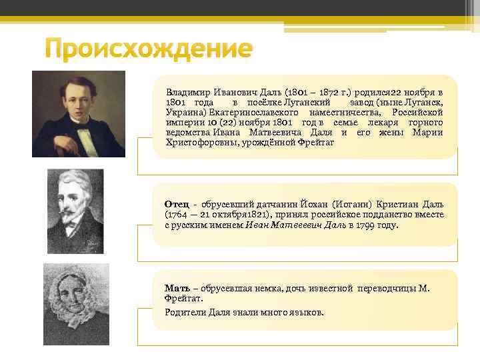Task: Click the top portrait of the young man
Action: coord(79,113)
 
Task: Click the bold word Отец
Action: coord(177,203)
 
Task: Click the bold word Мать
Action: coord(177,287)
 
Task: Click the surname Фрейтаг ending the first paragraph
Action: coord(317,142)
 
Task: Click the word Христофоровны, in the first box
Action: coord(199,142)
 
